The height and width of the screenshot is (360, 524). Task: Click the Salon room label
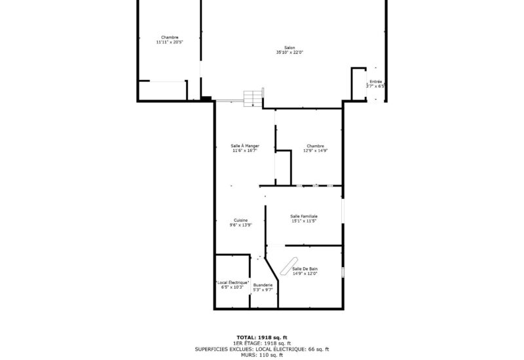pos(290,48)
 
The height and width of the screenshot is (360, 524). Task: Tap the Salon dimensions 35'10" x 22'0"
pos(290,52)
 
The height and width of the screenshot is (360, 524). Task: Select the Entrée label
pos(375,82)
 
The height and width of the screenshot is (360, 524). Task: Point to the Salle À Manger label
pos(245,146)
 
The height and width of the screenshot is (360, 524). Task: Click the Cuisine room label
pos(241,220)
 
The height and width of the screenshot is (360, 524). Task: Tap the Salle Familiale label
pos(304,216)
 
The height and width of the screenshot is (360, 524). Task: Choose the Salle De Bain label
pos(305,269)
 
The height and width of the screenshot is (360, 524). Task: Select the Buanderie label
pos(263,285)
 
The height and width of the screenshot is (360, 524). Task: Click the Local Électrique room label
pos(233,282)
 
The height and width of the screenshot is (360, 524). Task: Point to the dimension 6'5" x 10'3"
pos(233,287)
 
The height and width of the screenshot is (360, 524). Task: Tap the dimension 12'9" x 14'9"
pos(315,151)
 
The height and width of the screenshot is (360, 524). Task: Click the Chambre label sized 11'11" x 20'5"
pos(170,37)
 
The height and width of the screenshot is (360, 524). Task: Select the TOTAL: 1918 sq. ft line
pos(262,336)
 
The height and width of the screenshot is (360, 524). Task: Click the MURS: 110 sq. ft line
pos(262,355)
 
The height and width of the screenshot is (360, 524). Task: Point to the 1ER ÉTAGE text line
pos(262,343)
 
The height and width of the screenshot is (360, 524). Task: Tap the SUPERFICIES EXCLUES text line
pos(262,350)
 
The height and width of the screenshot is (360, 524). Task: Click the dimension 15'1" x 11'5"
pos(304,221)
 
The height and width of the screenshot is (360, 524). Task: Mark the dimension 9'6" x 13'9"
pos(241,225)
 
